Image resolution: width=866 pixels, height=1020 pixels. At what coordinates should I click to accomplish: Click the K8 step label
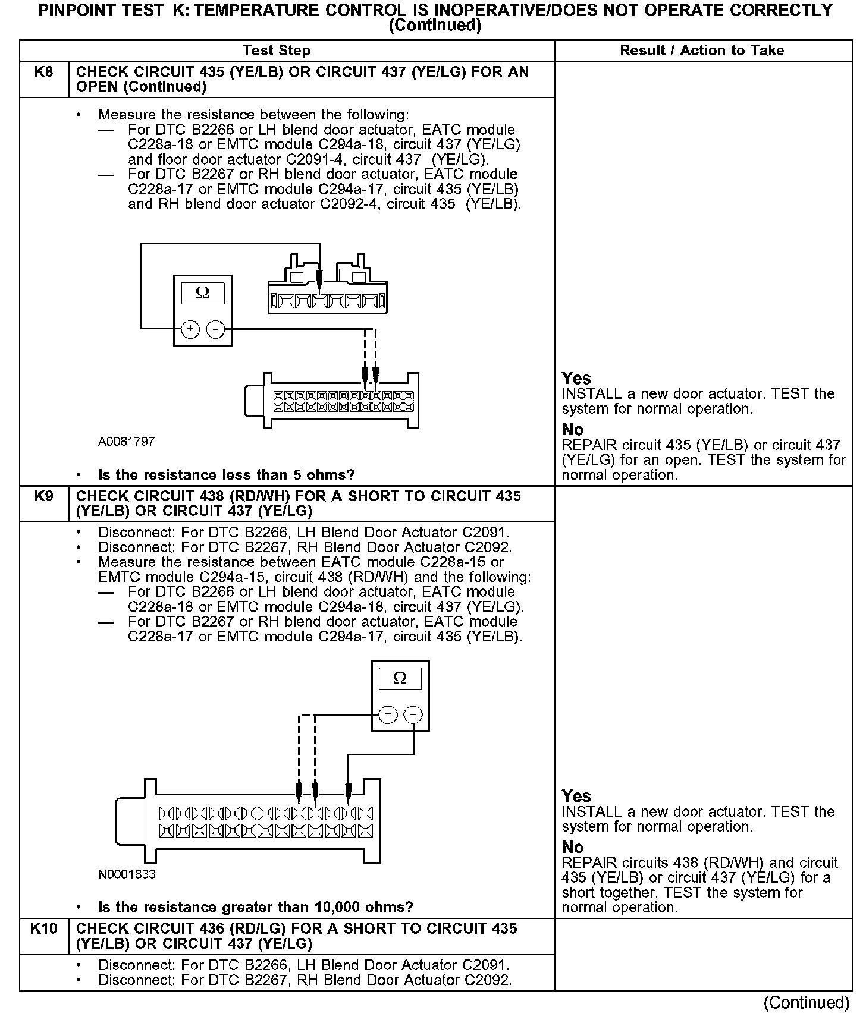click(x=43, y=72)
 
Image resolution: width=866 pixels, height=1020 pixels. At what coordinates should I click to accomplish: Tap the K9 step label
click(x=43, y=496)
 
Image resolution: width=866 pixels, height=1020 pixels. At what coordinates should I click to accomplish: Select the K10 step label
click(x=43, y=928)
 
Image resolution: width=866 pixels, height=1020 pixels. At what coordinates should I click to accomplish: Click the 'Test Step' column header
click(x=277, y=51)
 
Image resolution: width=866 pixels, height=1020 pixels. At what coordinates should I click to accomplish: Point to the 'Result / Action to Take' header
click(x=702, y=51)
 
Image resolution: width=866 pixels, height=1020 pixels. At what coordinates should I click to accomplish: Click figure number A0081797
click(x=127, y=442)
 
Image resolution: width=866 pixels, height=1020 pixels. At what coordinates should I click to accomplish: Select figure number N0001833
click(x=127, y=874)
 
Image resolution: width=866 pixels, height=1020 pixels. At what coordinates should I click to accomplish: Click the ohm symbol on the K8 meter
click(x=202, y=293)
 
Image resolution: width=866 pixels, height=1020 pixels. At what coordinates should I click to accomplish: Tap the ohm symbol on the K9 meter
click(x=400, y=678)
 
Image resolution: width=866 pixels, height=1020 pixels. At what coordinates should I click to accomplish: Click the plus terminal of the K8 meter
click(x=190, y=329)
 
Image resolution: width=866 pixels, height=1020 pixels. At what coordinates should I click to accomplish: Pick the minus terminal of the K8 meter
click(x=215, y=329)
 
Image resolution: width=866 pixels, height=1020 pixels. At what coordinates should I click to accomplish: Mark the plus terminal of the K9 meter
click(x=388, y=714)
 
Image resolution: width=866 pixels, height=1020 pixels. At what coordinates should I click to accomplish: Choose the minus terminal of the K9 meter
click(x=413, y=714)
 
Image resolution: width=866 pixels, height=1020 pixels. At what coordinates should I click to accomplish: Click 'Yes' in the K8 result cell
click(x=576, y=379)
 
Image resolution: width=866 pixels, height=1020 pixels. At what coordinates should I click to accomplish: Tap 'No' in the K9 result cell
click(x=573, y=847)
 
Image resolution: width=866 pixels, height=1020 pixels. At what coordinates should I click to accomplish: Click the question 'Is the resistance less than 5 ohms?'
click(x=226, y=475)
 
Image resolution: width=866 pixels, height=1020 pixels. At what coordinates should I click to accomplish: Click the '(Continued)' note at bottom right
click(x=806, y=1003)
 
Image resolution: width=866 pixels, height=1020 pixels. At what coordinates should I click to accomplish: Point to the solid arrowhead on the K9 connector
click(x=349, y=791)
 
